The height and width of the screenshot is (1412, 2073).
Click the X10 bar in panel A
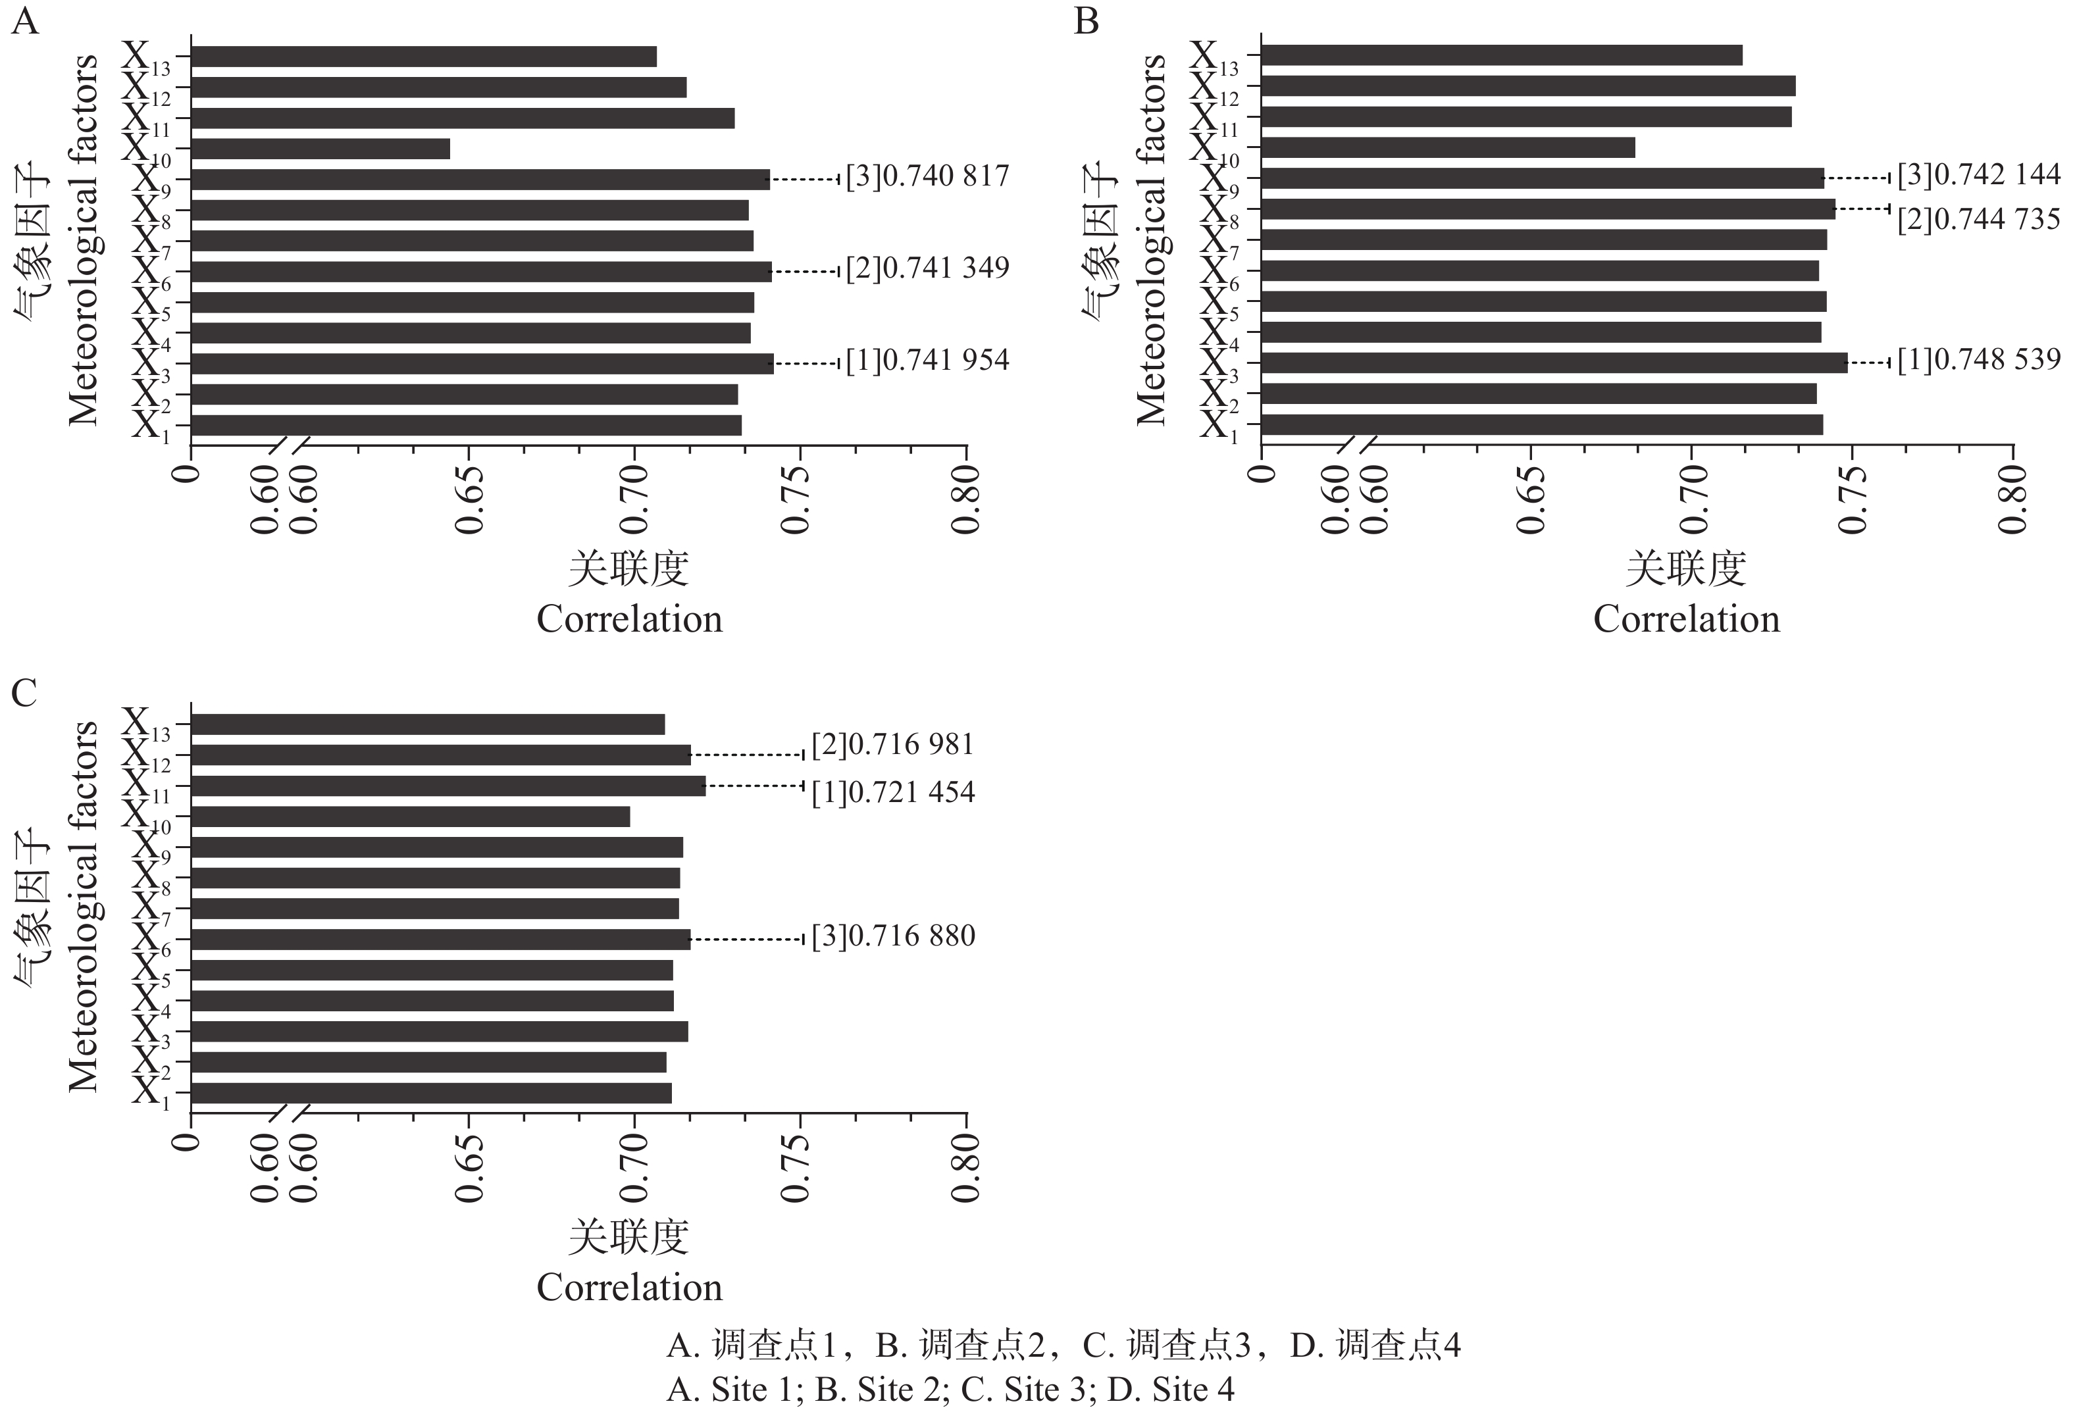[321, 149]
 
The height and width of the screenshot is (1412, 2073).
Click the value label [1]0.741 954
[928, 361]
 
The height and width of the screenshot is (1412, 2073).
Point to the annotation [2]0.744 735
[1978, 219]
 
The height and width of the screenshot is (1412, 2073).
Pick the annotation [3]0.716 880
[893, 936]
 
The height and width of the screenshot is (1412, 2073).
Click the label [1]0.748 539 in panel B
[1978, 359]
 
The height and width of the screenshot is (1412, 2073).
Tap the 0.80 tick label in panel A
[966, 499]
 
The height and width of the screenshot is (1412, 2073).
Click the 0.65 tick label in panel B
[1531, 499]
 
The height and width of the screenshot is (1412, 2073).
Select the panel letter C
[24, 692]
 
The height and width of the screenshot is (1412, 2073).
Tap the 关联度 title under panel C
[629, 1236]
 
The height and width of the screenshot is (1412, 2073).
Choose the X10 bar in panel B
[1448, 147]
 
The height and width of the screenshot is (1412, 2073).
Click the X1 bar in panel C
[432, 1093]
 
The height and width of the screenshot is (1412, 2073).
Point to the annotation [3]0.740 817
[928, 176]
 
